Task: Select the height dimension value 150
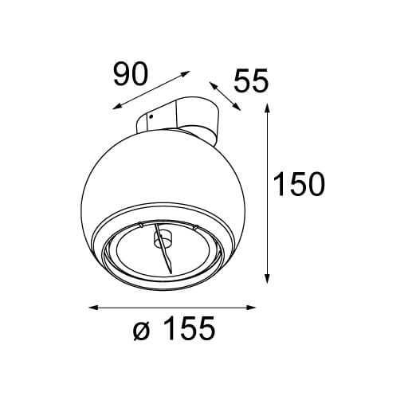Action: (x=299, y=185)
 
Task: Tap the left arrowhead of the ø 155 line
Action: (x=91, y=307)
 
